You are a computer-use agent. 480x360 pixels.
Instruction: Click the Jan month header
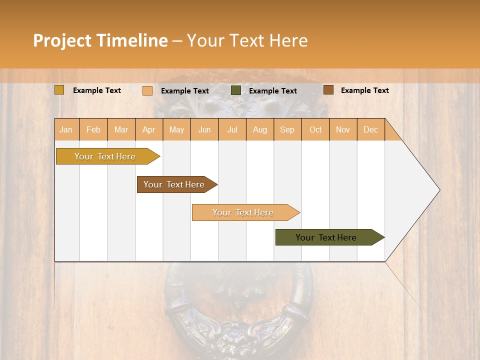[x=66, y=129]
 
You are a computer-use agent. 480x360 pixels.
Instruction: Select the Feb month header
[x=93, y=129]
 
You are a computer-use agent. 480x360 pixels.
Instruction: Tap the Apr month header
[x=148, y=129]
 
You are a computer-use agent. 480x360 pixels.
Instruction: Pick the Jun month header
[x=204, y=129]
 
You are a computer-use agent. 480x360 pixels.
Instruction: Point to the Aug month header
[x=259, y=129]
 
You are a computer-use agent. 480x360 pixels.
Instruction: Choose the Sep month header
[x=287, y=129]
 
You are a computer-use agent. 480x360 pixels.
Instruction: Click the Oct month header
[x=315, y=129]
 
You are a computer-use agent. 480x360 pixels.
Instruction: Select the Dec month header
[x=370, y=129]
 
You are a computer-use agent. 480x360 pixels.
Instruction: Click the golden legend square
[x=59, y=90]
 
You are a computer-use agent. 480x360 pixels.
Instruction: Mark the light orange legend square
[x=147, y=90]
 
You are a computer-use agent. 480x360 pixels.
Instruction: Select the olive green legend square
[x=236, y=90]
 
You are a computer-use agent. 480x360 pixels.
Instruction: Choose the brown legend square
[x=328, y=90]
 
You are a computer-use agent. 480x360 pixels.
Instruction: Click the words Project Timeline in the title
[x=100, y=40]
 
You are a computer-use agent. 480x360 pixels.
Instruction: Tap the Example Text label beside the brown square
[x=364, y=90]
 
